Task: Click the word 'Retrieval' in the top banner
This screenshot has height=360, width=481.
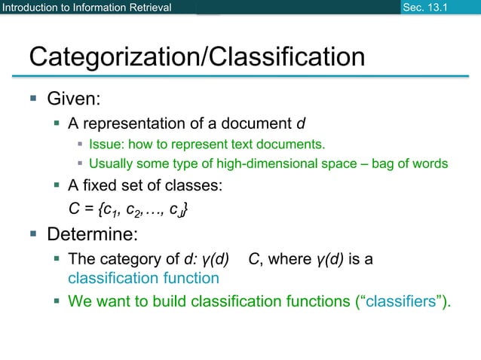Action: coord(146,8)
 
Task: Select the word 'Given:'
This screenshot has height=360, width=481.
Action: coord(74,99)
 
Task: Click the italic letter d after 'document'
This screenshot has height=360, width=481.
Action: coord(302,123)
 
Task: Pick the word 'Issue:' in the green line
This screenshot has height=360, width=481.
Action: coord(106,144)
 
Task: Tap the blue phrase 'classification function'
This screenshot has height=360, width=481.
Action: coord(143,278)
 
